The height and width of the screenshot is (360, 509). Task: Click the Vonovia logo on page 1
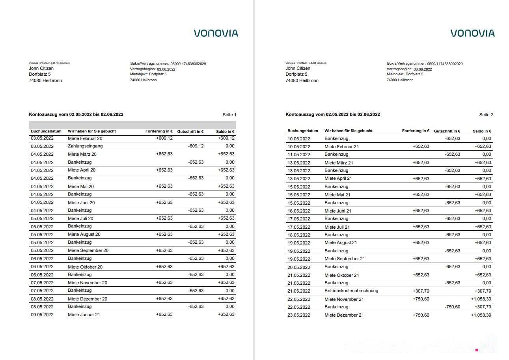click(x=216, y=33)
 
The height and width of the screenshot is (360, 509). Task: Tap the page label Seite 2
click(x=486, y=115)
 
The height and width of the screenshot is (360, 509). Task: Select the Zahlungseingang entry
click(x=85, y=146)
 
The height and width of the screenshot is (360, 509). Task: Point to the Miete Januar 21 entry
click(x=84, y=315)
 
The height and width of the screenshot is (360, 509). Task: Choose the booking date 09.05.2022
click(x=42, y=315)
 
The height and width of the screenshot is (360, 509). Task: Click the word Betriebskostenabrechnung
click(x=351, y=291)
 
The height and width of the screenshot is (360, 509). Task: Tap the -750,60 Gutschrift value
click(x=452, y=307)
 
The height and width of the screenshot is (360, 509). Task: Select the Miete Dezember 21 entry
click(x=344, y=315)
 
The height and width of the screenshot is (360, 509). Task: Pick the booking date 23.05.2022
click(x=299, y=315)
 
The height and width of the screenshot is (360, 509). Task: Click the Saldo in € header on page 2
click(x=482, y=131)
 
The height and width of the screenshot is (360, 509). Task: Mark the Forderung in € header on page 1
click(x=159, y=131)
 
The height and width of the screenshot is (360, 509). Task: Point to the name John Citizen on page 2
click(x=298, y=68)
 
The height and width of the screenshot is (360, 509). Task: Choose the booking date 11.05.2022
click(x=299, y=155)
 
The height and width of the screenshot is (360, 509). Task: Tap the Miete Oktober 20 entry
click(x=85, y=267)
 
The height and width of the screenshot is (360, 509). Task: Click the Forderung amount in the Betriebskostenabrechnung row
click(x=421, y=291)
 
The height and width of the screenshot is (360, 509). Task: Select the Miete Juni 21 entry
click(x=338, y=211)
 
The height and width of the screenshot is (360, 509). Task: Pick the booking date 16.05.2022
click(x=299, y=211)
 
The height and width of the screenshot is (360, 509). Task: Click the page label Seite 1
click(x=229, y=115)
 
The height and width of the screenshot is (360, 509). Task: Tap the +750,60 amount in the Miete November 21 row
click(x=421, y=299)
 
